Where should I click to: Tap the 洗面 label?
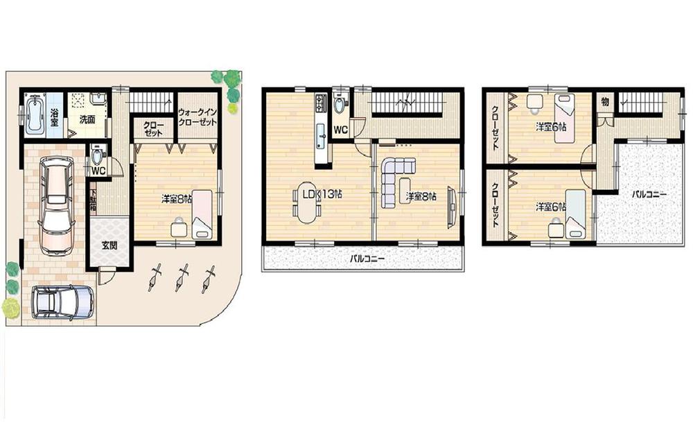click(87, 119)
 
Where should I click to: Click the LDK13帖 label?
click(319, 195)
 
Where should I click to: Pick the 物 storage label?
click(604, 102)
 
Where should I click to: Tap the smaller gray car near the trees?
click(62, 302)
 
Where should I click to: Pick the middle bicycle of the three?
click(183, 277)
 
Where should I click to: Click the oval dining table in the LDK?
click(305, 202)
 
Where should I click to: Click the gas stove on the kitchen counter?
click(321, 105)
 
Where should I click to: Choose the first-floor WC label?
click(98, 169)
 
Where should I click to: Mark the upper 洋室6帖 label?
click(550, 128)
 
